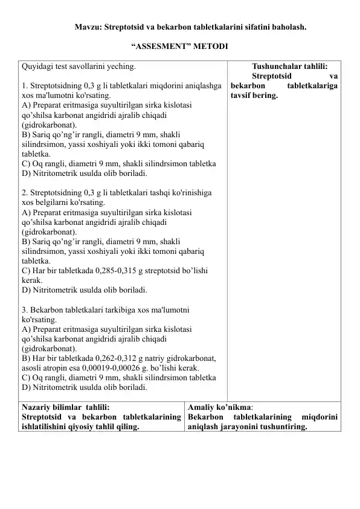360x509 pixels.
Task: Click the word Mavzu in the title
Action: (x=86, y=27)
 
